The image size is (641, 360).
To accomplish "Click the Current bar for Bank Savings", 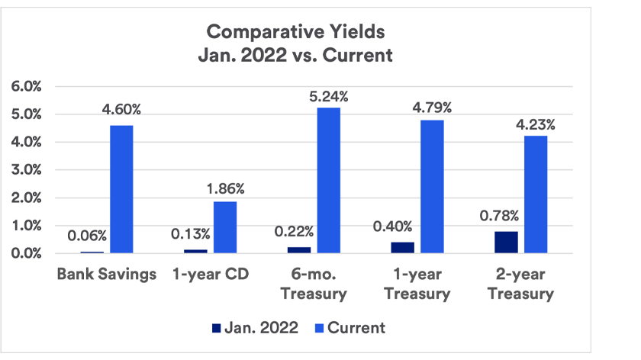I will [121, 189].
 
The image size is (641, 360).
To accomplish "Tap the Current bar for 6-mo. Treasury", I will [329, 180].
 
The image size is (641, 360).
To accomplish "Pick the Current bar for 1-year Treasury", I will [432, 186].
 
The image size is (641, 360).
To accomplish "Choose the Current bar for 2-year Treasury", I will [536, 194].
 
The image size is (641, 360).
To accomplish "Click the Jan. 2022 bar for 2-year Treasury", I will [506, 243].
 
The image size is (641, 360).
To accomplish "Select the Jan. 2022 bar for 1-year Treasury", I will [403, 248].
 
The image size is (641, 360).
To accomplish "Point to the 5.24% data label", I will [329, 97].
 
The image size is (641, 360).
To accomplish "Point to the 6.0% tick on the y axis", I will [27, 86].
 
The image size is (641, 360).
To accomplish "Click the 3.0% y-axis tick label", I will [27, 170].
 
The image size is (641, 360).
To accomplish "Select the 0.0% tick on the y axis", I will [27, 253].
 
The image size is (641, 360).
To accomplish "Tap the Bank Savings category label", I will [106, 274].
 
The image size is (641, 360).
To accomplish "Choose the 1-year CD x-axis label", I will [210, 274].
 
